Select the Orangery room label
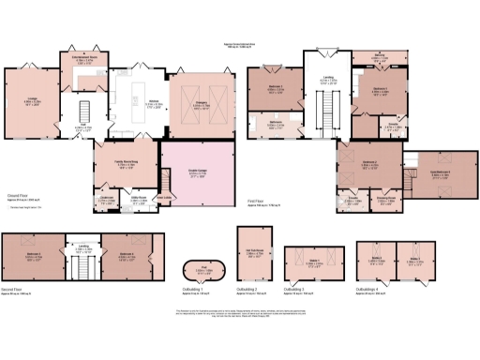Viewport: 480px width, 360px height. [x=202, y=105]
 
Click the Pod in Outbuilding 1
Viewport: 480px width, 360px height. [x=194, y=273]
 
